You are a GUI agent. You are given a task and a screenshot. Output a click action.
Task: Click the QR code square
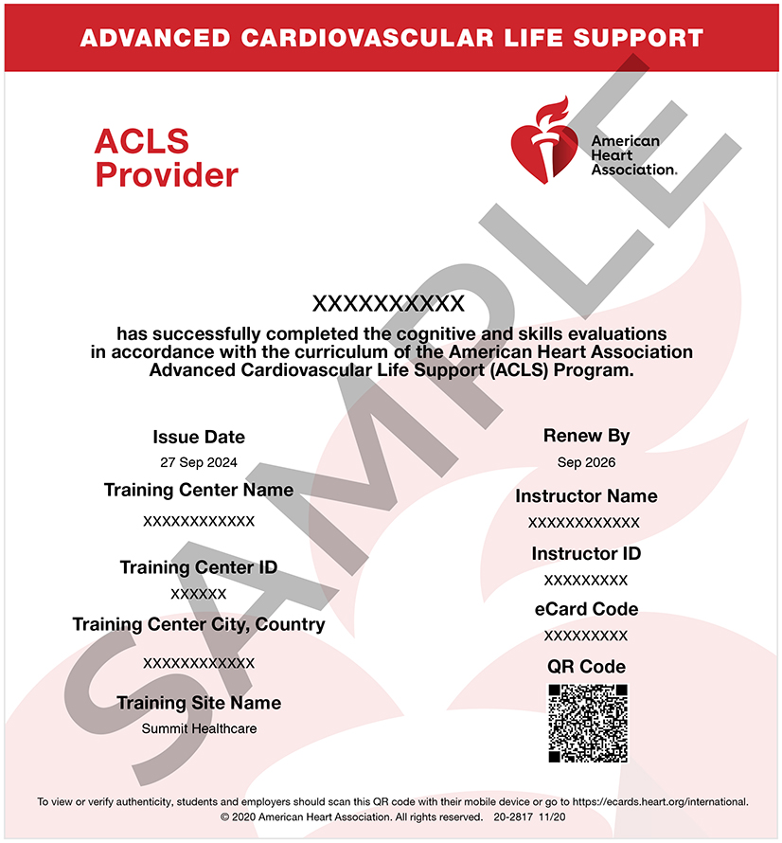587,724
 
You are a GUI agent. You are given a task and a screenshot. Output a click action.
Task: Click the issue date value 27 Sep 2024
199,463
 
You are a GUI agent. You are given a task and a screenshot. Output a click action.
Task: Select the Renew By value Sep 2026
586,462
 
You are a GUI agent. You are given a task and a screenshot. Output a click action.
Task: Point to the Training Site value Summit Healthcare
199,728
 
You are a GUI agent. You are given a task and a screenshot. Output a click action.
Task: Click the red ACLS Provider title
166,158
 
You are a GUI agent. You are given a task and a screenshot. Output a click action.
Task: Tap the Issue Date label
199,437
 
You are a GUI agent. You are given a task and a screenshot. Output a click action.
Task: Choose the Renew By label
586,436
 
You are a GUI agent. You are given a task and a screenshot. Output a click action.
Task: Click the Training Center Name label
199,490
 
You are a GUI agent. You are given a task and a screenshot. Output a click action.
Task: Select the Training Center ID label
199,567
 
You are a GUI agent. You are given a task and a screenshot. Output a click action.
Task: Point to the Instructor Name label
586,495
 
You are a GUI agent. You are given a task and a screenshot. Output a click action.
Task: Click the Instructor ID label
586,553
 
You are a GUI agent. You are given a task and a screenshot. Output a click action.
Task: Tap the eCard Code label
586,608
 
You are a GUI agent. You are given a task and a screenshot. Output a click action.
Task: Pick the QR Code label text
586,666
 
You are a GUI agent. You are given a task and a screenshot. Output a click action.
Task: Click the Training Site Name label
199,703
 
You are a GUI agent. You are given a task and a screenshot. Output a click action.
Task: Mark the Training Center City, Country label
199,624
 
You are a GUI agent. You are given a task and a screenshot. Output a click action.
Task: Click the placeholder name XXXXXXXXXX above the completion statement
388,303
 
